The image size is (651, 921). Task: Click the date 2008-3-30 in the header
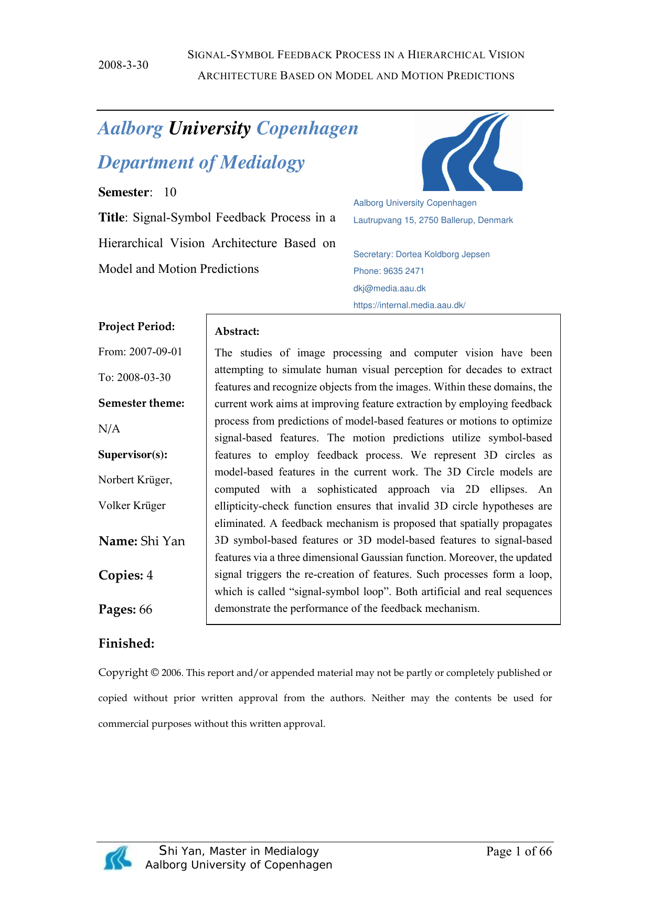pos(123,65)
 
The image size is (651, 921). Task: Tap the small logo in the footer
pos(118,858)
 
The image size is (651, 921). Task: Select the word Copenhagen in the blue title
pos(307,129)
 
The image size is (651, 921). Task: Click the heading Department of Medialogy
pos(201,163)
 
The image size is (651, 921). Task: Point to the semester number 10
pos(170,192)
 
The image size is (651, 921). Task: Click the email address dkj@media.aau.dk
pos(389,289)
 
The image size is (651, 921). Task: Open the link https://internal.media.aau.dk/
pos(409,305)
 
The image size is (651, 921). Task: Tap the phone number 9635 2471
pos(403,271)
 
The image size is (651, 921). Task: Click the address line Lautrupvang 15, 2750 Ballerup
pos(433,220)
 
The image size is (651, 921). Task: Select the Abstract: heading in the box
pos(237,332)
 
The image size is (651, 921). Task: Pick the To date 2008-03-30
pos(144,378)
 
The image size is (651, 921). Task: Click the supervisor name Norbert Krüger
pos(135,480)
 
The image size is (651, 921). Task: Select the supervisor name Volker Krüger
pos(132,506)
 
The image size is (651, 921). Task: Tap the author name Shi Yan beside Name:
pos(163,542)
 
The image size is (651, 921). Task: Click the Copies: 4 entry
pos(126,576)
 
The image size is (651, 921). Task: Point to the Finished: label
pos(126,644)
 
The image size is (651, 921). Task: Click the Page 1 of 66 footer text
pos(519,851)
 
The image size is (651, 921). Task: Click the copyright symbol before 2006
pos(155,673)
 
